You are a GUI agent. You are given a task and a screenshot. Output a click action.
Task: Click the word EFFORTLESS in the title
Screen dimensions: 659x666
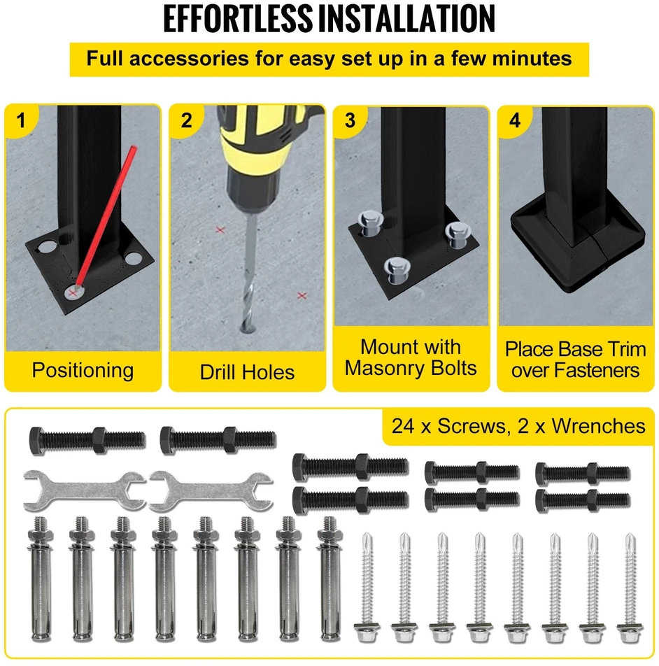[x=238, y=19]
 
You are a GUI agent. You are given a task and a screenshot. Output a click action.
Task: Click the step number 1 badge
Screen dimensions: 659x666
[x=21, y=120]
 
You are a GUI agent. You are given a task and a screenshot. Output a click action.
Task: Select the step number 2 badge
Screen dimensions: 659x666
[x=186, y=120]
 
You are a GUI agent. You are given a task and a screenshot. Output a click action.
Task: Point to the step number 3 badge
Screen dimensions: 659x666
[x=350, y=120]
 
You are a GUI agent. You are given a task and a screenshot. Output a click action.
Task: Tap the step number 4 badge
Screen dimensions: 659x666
[x=515, y=120]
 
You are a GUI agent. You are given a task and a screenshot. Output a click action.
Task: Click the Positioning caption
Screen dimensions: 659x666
[x=83, y=370]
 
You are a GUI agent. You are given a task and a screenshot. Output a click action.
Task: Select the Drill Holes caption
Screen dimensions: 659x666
[x=247, y=372]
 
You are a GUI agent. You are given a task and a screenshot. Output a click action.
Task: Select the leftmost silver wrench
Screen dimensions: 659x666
[x=85, y=491]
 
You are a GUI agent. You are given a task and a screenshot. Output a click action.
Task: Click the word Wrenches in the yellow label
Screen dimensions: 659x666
[x=599, y=425]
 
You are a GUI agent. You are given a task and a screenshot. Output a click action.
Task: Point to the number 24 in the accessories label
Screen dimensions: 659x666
[x=403, y=426]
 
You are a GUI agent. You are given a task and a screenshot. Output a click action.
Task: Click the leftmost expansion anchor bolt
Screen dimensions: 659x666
[x=41, y=579]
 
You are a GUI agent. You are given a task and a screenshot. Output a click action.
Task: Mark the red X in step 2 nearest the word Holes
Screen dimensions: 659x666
[x=302, y=295]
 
